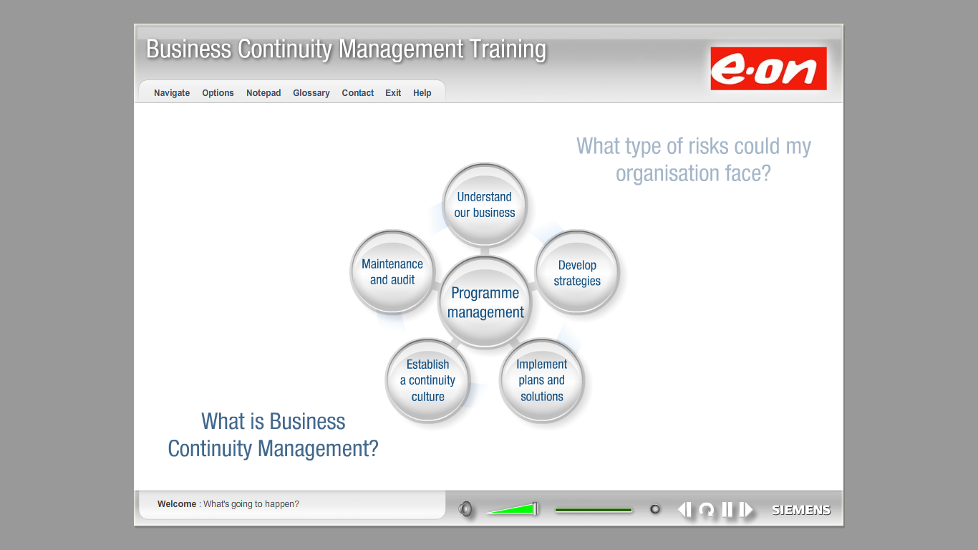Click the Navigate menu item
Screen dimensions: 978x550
pos(172,93)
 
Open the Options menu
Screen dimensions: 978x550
pos(218,93)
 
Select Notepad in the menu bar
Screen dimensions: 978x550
pos(263,93)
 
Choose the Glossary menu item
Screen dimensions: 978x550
pos(311,93)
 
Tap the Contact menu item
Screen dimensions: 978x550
pos(357,93)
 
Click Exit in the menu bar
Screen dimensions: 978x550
pos(393,93)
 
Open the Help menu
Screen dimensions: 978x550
pos(422,93)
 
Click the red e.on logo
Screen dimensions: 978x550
pos(768,69)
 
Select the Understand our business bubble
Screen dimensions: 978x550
pos(485,204)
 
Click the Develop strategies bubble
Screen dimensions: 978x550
pos(577,273)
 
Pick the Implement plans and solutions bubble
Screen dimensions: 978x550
pos(542,380)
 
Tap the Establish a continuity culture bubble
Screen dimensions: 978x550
pos(428,380)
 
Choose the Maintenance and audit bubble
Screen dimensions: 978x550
pos(392,271)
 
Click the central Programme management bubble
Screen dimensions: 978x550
pos(485,302)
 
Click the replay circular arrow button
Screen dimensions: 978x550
pos(707,510)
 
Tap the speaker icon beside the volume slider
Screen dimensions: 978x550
pos(465,509)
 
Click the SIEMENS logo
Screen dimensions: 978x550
pos(801,510)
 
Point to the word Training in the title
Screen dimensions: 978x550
pos(508,49)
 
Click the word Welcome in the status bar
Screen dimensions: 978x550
pos(177,503)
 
